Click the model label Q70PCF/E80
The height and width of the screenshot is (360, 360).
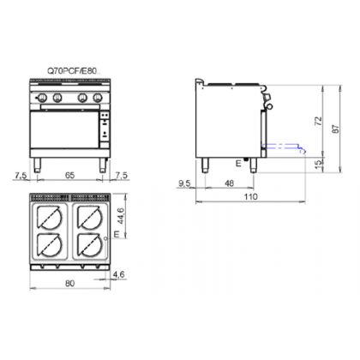coord(72,71)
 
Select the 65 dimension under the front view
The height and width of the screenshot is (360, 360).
coord(70,175)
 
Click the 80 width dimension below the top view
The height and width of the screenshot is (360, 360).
coord(69,283)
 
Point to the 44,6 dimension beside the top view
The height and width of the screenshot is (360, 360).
coord(121,216)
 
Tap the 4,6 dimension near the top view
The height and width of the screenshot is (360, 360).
coord(118,274)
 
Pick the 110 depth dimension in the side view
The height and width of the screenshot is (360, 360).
coord(250,196)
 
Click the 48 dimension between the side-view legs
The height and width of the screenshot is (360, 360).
coord(230,183)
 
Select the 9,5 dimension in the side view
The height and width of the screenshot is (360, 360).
coord(184,183)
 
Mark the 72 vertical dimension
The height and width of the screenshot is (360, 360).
coord(319,121)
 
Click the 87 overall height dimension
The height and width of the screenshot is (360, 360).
coord(336,129)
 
